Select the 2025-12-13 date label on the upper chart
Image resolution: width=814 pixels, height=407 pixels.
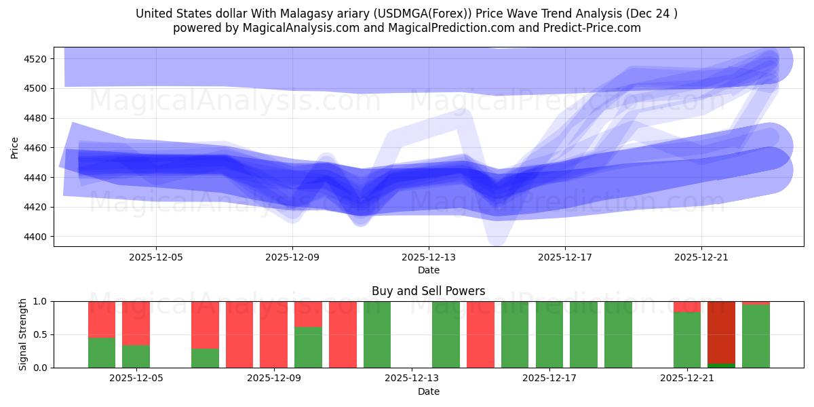[429, 257]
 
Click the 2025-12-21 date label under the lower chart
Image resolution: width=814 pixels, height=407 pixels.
[687, 378]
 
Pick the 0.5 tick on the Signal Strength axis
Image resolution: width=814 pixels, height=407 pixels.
[41, 334]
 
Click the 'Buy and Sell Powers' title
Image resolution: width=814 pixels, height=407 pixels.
[429, 291]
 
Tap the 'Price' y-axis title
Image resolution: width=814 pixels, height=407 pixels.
[15, 147]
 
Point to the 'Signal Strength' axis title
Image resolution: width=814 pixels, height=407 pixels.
[23, 334]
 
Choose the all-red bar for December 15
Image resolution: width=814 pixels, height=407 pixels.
[480, 334]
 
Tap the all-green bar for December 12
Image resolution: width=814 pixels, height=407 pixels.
[377, 334]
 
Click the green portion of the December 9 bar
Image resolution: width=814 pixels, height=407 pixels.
[308, 347]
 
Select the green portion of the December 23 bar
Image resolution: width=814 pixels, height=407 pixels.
[756, 336]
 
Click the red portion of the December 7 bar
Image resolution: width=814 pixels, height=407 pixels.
[205, 324]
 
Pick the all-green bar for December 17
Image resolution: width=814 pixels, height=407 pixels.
[549, 334]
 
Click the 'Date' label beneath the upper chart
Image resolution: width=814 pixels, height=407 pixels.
[429, 270]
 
